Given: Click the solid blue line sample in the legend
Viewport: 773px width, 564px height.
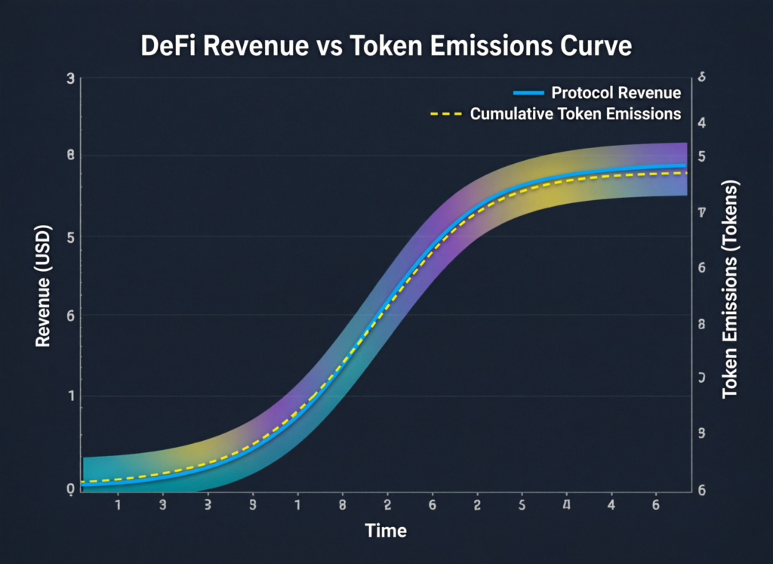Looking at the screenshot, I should click(x=528, y=94).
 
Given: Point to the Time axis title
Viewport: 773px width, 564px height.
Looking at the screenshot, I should click(x=386, y=531).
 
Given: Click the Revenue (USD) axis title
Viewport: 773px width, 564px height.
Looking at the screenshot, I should click(x=43, y=286).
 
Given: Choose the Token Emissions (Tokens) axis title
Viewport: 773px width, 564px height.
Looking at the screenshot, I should click(x=730, y=290).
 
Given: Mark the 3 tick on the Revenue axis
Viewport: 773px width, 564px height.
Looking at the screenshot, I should click(x=70, y=79).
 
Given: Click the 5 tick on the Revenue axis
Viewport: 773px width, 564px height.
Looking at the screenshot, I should click(x=70, y=236).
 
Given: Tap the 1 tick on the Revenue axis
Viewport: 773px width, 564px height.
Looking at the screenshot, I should click(x=70, y=396).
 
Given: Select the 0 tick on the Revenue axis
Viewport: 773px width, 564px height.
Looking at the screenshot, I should click(x=70, y=489).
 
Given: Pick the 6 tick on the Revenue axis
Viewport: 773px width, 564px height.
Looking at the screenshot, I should click(x=70, y=316).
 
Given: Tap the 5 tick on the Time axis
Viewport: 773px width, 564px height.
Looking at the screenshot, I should click(x=522, y=504).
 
